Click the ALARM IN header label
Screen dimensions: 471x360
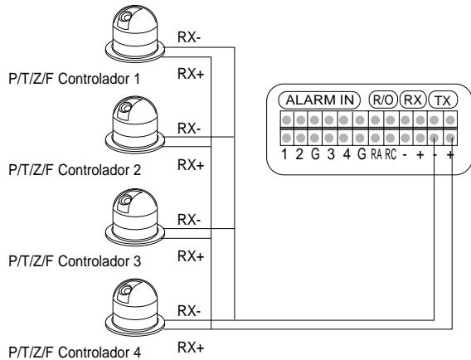(x=319, y=100)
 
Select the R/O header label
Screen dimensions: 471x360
(x=383, y=100)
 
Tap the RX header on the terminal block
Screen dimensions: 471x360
(x=413, y=100)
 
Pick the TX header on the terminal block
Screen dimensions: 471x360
(x=443, y=100)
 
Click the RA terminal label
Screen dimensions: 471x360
(x=376, y=154)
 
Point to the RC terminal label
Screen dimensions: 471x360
(x=391, y=154)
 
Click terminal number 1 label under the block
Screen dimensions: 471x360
(x=284, y=154)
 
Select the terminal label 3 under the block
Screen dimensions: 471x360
(x=331, y=154)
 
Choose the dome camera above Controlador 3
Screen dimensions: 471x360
(x=135, y=217)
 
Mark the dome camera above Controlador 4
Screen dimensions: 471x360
(x=135, y=308)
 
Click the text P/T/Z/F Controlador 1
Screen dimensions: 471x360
(x=75, y=79)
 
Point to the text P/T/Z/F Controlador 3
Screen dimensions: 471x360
(x=75, y=261)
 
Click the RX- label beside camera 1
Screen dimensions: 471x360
(x=189, y=37)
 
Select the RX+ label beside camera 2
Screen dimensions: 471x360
(x=191, y=165)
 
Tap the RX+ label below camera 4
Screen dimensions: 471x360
(x=191, y=348)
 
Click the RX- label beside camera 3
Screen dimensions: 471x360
(x=189, y=220)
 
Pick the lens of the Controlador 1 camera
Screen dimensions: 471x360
(x=126, y=17)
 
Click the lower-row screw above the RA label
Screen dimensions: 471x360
(x=375, y=139)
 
